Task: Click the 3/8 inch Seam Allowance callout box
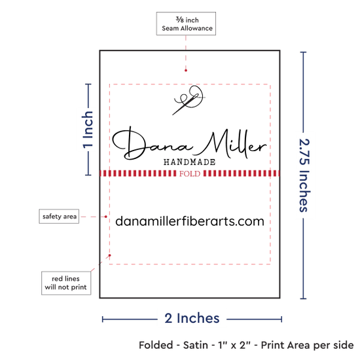pos(186,24)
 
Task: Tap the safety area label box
pos(59,216)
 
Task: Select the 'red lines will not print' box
pos(66,283)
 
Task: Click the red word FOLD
pos(190,174)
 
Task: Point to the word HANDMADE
pos(189,162)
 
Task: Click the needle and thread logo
pos(189,100)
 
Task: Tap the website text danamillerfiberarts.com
pos(190,221)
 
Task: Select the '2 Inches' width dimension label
pos(192,318)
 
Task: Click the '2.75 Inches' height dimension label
pos(304,175)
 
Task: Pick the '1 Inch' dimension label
pos(88,129)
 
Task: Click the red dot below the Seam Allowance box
pos(186,71)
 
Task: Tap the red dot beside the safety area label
pos(106,217)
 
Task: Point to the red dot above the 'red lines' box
pos(110,255)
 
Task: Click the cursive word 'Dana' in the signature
pos(152,144)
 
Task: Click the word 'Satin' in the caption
pos(196,345)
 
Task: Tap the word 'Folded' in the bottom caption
pos(156,345)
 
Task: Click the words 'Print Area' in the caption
pos(285,345)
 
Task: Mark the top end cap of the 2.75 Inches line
pos(303,52)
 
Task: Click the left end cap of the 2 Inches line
pos(103,319)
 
